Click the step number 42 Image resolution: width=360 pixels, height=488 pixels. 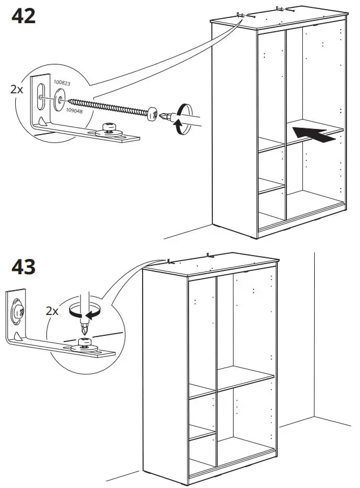23,15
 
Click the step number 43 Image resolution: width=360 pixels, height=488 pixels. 23,266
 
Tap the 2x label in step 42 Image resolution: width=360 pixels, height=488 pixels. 17,89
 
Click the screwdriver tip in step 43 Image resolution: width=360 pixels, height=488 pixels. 86,327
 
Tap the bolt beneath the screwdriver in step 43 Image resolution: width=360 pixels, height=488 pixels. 85,343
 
